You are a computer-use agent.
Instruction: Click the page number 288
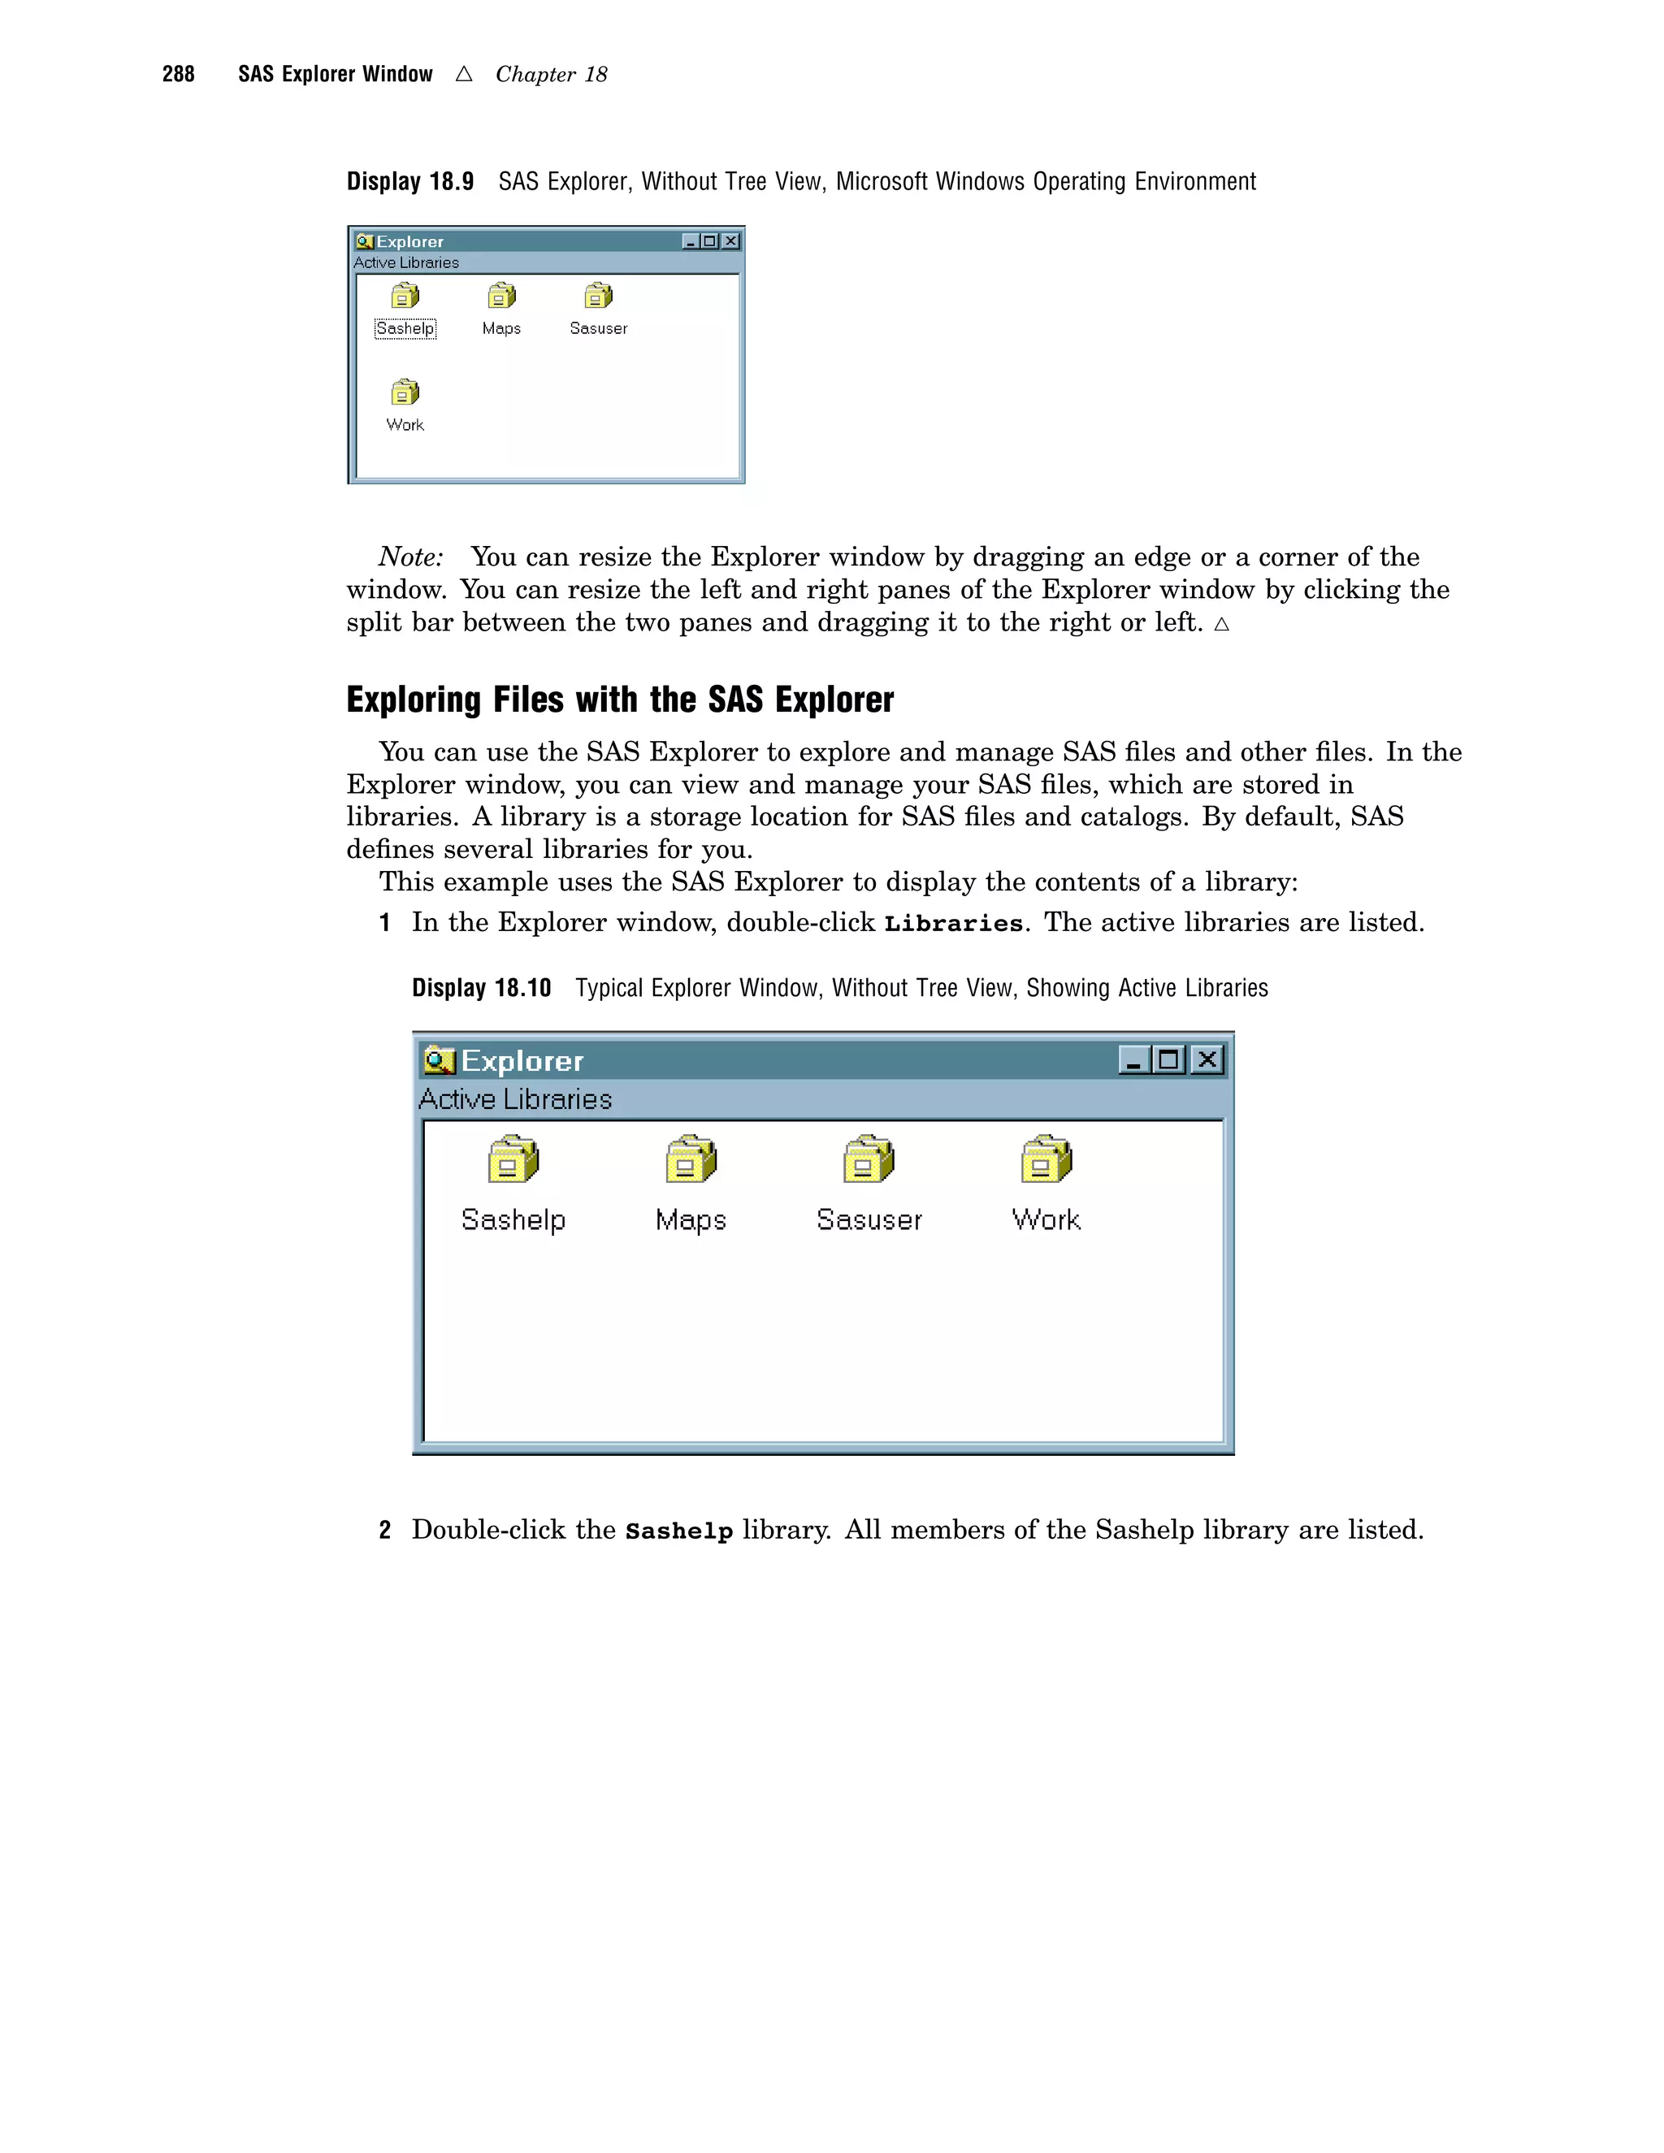coord(179,74)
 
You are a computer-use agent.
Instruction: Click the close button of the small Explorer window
coord(730,241)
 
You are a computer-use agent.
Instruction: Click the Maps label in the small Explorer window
coord(500,328)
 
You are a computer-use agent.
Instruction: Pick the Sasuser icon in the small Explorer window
coord(597,296)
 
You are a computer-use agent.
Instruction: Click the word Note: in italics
coord(411,557)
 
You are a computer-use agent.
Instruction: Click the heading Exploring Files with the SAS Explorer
coord(619,700)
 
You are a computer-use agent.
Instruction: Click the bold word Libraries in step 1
coord(953,924)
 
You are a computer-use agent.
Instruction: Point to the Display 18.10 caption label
coord(481,988)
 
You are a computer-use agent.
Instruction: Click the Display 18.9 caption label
coord(410,181)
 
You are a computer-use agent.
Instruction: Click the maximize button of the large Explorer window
coord(1169,1059)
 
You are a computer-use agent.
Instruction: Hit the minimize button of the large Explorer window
coord(1133,1059)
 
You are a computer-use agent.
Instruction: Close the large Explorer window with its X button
coord(1207,1059)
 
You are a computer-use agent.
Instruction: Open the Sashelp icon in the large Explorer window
coord(513,1159)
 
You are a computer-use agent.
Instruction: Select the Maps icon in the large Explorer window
coord(690,1159)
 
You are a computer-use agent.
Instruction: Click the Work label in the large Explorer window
coord(1046,1220)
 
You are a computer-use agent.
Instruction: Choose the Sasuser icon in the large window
coord(868,1159)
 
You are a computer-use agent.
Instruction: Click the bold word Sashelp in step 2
coord(679,1531)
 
